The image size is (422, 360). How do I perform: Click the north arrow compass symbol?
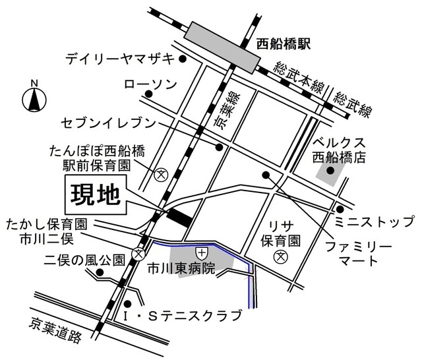34,99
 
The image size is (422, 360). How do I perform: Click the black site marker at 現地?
179,217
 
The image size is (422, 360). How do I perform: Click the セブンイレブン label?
108,123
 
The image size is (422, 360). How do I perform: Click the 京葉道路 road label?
55,333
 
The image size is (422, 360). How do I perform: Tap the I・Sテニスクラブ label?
182,316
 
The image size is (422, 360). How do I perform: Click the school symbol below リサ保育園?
281,256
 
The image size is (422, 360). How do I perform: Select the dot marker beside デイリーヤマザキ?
184,59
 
